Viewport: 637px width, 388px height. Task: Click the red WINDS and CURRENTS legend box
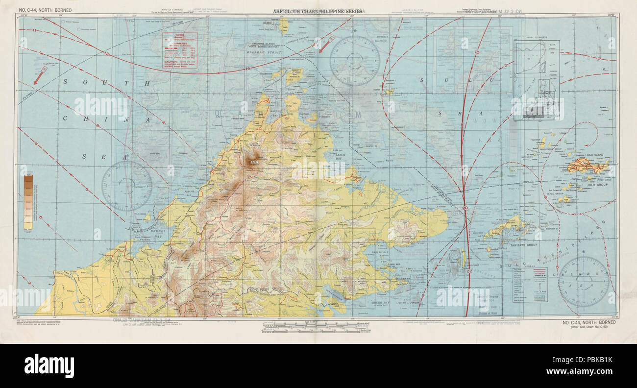tap(180, 50)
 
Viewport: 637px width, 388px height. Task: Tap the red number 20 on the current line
tap(465, 209)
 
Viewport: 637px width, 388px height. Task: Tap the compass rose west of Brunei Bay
tap(127, 186)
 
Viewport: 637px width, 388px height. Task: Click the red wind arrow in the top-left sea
tap(39, 76)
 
